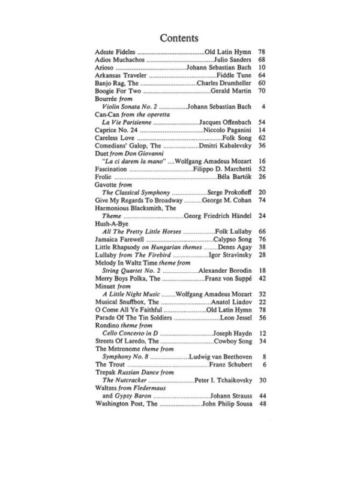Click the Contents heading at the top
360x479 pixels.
(179, 38)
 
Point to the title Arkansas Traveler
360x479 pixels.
(121, 79)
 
